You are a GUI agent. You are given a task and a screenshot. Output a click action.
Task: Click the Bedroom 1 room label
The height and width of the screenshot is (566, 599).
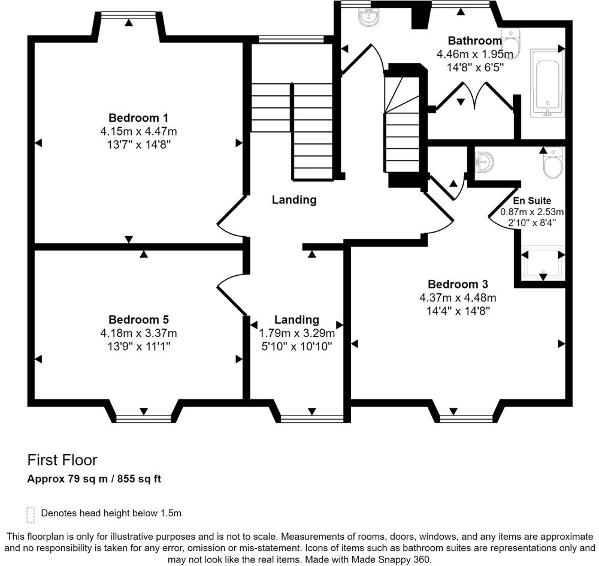[138, 118]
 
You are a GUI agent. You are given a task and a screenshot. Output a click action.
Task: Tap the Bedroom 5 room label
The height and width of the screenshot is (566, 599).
[138, 320]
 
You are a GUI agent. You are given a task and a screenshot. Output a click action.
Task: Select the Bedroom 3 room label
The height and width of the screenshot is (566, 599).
[458, 284]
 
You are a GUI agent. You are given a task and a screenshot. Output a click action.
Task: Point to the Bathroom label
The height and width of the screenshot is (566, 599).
[475, 41]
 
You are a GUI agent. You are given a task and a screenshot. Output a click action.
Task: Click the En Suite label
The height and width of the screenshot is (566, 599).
[532, 201]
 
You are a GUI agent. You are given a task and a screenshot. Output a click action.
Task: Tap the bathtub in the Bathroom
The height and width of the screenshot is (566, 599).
[547, 83]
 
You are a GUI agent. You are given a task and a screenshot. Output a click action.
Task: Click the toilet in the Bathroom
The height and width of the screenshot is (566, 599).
[511, 43]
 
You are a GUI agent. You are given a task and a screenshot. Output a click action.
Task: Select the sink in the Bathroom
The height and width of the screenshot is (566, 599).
[368, 17]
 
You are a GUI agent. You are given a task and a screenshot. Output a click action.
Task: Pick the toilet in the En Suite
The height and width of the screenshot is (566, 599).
[553, 163]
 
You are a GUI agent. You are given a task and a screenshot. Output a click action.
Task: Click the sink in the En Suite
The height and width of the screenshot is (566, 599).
[483, 162]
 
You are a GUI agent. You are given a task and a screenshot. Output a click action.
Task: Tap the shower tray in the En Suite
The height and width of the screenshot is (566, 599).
[543, 263]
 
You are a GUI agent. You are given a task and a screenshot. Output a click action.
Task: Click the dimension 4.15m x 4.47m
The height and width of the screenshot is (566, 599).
[138, 131]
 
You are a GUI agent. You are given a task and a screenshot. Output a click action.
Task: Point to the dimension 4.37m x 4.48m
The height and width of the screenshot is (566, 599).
[458, 297]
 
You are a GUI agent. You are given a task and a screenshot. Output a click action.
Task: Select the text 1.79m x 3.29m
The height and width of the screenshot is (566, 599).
[297, 333]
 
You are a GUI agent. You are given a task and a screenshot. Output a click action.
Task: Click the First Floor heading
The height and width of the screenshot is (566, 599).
[62, 460]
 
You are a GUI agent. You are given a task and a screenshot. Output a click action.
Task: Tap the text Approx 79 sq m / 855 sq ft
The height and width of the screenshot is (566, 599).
[94, 479]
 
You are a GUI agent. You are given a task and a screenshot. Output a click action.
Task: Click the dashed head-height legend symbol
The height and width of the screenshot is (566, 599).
[31, 515]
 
